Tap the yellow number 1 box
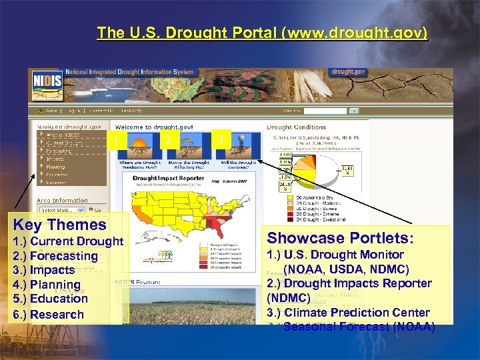(117, 140)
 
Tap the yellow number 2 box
(168, 139)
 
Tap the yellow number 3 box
(220, 139)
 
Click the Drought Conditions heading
(296, 127)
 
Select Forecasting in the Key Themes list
(55, 256)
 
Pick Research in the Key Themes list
(49, 315)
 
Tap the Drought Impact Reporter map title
(169, 179)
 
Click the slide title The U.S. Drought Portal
(262, 33)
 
